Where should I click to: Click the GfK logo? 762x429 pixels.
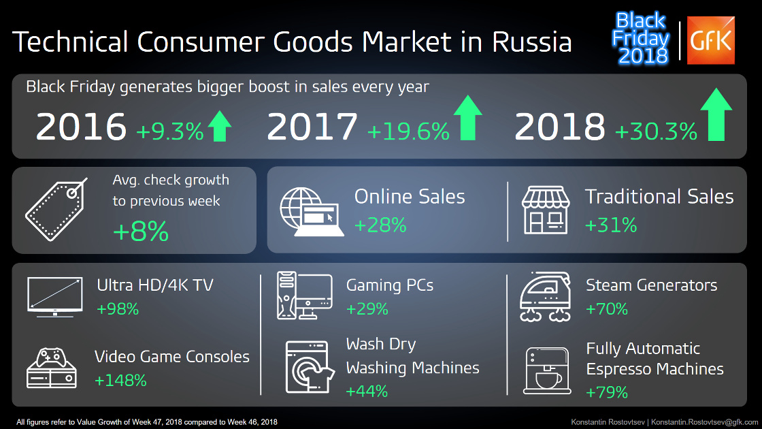click(x=710, y=40)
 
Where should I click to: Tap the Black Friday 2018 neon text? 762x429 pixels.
click(x=640, y=38)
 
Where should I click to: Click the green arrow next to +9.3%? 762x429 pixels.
click(x=220, y=126)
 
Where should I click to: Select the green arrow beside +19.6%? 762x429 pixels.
click(x=468, y=118)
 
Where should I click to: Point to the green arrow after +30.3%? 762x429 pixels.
click(x=716, y=115)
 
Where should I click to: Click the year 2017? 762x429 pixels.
click(x=312, y=127)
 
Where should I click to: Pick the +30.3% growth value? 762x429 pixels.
click(x=656, y=131)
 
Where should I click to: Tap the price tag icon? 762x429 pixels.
click(x=56, y=210)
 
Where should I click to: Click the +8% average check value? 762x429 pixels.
click(x=140, y=231)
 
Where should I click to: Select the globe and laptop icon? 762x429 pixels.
click(x=312, y=212)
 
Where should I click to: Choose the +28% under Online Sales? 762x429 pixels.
click(x=380, y=225)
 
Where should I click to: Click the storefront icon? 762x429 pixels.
click(x=545, y=210)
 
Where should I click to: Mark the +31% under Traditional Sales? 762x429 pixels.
click(x=610, y=225)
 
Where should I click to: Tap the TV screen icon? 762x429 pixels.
click(x=55, y=297)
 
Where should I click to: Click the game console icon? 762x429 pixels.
click(x=52, y=368)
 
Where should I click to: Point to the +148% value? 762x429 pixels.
click(x=120, y=381)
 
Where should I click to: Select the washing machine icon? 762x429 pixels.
click(x=310, y=367)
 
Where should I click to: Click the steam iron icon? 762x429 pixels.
click(x=545, y=297)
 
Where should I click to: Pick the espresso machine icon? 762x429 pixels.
click(x=547, y=370)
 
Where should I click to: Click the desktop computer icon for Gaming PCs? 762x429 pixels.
click(x=305, y=296)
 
